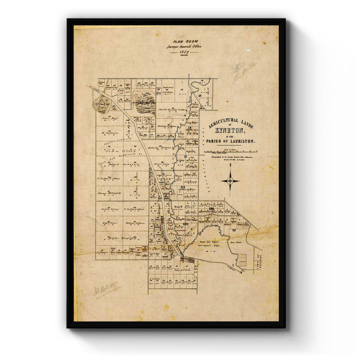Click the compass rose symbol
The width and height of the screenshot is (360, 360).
pos(230,181)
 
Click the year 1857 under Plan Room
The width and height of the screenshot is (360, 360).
pos(184,52)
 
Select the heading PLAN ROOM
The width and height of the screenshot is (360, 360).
pos(184,42)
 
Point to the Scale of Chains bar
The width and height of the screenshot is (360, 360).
pos(230,152)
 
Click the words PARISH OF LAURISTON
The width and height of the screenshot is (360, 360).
pos(230,141)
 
